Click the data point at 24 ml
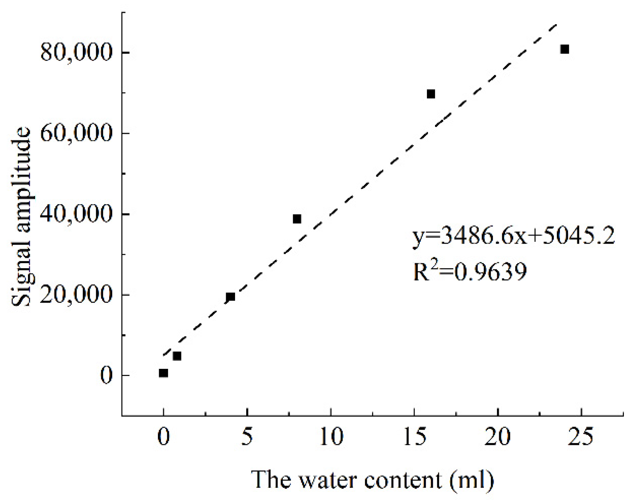coord(564,49)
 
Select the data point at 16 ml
coord(431,94)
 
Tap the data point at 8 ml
coord(297,219)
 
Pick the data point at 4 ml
coord(230,297)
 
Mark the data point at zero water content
coord(164,373)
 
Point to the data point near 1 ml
coord(177,356)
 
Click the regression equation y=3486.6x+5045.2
coord(514,236)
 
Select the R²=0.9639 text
coord(470,271)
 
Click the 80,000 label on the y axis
coord(76,53)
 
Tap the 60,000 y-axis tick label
coord(76,133)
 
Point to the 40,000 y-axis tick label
coord(76,214)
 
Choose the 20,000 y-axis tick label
coord(76,295)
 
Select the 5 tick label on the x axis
coord(247,437)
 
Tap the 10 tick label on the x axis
coord(331,437)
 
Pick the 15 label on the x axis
coord(415,437)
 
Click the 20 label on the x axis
coord(498,437)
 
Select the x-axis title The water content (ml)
coord(373,480)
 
